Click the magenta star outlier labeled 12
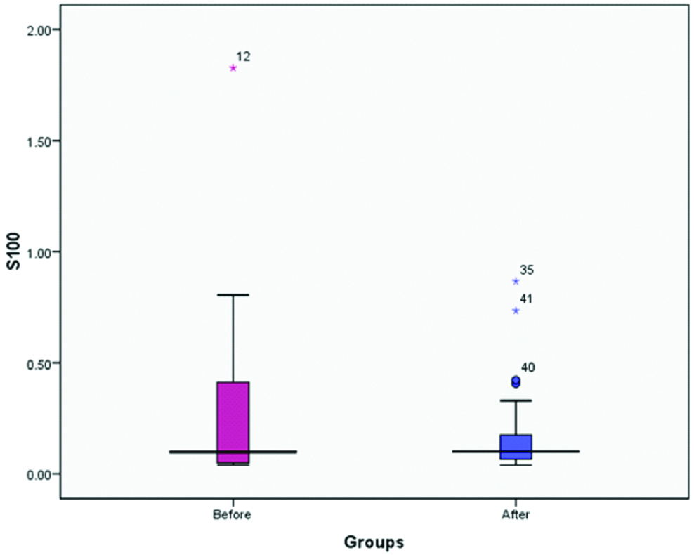point(233,68)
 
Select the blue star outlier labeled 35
point(516,281)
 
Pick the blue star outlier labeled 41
point(516,311)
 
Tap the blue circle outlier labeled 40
point(516,381)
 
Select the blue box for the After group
point(516,447)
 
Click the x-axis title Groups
point(374,542)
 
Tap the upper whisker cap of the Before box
point(233,295)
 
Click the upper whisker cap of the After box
point(516,400)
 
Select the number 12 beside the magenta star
point(243,56)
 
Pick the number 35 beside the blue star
point(527,270)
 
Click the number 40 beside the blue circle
point(528,367)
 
